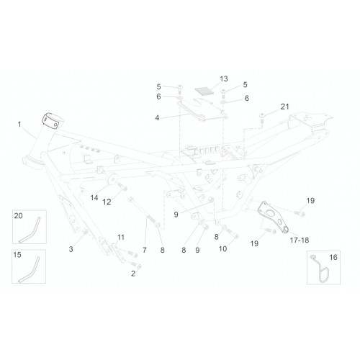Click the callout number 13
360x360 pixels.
pos(224,79)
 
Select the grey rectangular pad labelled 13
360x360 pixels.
pos(204,91)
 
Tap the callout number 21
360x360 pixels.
pos(285,107)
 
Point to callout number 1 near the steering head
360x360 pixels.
pos(19,125)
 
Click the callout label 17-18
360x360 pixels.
pos(300,240)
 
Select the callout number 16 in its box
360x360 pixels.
pos(333,257)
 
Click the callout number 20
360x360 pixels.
pos(18,216)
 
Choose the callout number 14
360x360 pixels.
pos(94,198)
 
